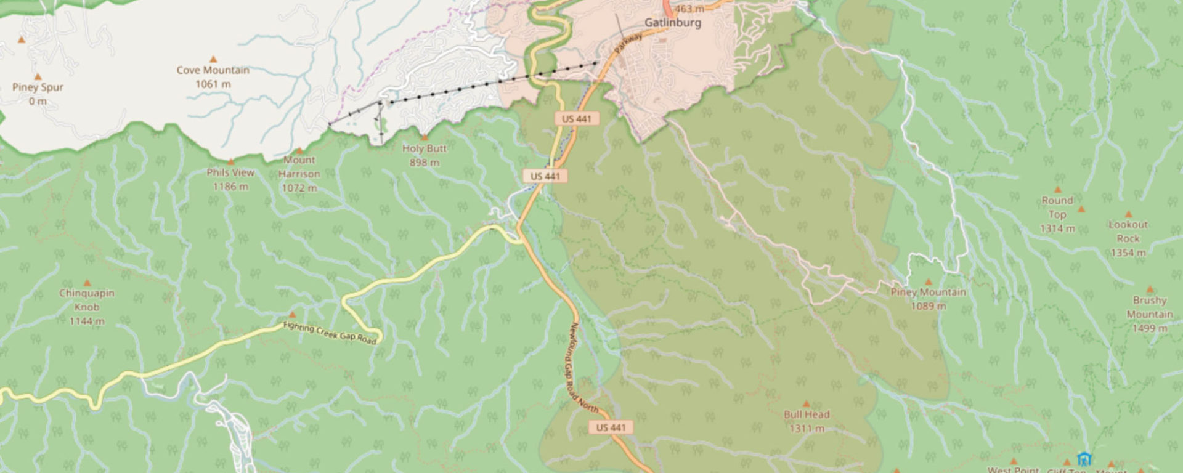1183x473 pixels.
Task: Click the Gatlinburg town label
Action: (672, 23)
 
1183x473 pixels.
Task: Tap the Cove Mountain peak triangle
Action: (213, 60)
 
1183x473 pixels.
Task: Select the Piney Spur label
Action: (38, 87)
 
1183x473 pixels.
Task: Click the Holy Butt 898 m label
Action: (424, 155)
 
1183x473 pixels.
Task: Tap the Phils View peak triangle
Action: (230, 162)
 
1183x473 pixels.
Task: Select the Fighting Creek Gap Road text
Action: (330, 333)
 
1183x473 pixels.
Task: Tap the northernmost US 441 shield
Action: (576, 119)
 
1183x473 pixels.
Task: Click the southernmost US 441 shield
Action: (611, 427)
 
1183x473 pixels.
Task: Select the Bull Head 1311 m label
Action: (807, 421)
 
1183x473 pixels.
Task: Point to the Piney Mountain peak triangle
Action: (928, 282)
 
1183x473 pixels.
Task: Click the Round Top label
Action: (1057, 208)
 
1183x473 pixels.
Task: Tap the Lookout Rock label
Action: (1128, 232)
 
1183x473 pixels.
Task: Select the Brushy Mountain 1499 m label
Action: (1150, 314)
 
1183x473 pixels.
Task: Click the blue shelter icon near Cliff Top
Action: (1084, 459)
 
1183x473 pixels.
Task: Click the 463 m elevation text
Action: (689, 9)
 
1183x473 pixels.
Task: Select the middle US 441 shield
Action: (545, 176)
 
